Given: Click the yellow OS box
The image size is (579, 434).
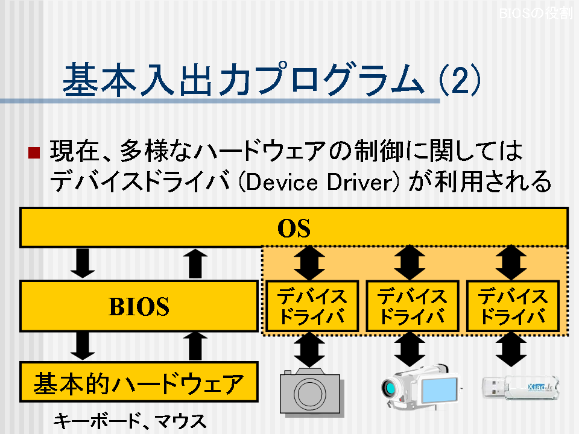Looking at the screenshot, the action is pos(294,227).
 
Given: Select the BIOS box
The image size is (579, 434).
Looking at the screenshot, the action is pos(139,306).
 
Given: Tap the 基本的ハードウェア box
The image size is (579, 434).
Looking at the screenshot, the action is pos(139,382).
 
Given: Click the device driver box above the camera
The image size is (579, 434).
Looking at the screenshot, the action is pos(312,306).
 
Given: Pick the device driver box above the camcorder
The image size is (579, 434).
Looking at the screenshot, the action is pos(412,306).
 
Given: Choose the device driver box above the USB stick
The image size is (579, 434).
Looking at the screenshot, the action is pos(513,306).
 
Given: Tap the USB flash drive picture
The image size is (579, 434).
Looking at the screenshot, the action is pos(520,387).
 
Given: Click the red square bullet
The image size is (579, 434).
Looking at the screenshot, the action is pos(34,153).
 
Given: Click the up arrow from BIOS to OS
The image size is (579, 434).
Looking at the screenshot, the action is pos(195,263).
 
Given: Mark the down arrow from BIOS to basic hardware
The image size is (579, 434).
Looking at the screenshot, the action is pos(83,346).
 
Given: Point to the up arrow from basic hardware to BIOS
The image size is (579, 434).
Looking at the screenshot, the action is pos(195,346).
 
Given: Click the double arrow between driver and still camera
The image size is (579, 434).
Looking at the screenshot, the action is pos(309,349).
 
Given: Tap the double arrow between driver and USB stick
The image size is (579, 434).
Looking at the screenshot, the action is pos(511,349).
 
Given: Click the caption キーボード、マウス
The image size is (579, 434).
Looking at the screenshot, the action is pos(130,421).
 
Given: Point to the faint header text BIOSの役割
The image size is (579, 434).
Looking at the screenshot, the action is pos(536,13).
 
